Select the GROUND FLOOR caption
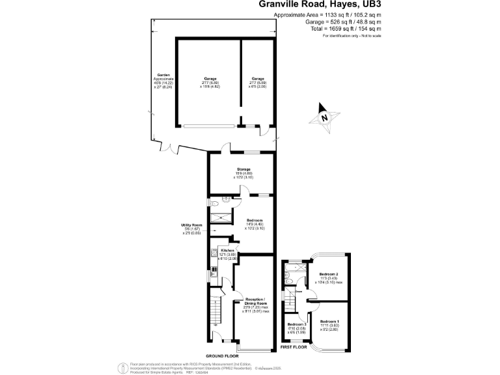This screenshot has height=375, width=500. [223, 357]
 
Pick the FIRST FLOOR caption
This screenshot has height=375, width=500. [294, 348]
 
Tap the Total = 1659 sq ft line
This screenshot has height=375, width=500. [346, 29]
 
